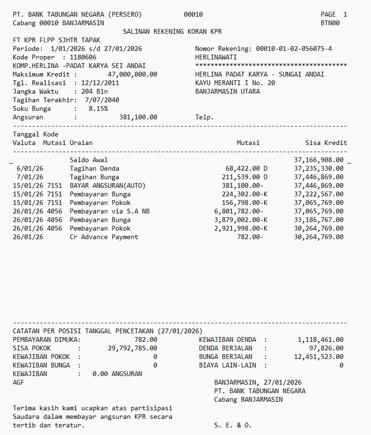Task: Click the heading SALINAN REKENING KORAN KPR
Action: click(172, 32)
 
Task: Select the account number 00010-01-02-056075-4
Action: click(294, 49)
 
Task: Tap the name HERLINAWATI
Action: click(216, 58)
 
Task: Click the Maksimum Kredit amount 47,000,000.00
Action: click(133, 75)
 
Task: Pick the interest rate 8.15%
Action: click(98, 109)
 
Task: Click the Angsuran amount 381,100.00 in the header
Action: click(138, 117)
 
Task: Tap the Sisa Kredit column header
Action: click(326, 143)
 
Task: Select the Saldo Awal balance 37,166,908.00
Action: click(318, 160)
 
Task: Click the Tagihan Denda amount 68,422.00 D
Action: click(246, 169)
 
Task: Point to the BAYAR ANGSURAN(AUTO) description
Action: click(108, 186)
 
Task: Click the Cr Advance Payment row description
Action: click(104, 237)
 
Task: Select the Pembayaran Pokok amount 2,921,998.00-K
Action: click(241, 229)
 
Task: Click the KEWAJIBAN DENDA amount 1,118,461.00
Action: click(320, 340)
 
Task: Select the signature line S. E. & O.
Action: click(233, 425)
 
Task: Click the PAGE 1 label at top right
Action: click(333, 15)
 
